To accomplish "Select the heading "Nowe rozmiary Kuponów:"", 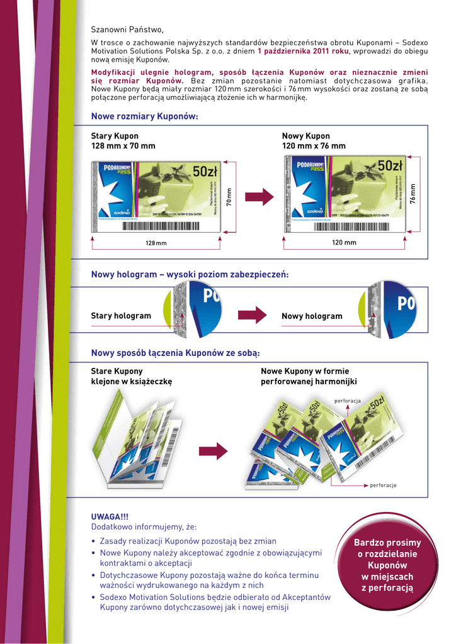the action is click(145, 116).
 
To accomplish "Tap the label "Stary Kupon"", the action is click(115, 136).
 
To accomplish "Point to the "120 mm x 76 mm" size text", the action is click(314, 146).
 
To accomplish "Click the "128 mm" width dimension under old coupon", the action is click(156, 243).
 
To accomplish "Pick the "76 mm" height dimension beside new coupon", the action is click(413, 193).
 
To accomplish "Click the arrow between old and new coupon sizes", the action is click(259, 197).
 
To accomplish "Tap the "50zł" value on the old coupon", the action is click(205, 172).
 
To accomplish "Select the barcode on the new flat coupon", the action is click(357, 225).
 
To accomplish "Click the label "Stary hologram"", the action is click(121, 316).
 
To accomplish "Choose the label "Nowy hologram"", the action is click(312, 316).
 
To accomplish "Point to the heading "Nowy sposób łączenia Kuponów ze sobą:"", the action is click(175, 353).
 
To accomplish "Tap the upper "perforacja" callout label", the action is click(347, 401).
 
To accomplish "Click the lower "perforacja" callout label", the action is click(383, 486).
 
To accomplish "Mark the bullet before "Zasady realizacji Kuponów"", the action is click(93, 541).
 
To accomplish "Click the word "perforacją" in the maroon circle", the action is click(387, 587).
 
